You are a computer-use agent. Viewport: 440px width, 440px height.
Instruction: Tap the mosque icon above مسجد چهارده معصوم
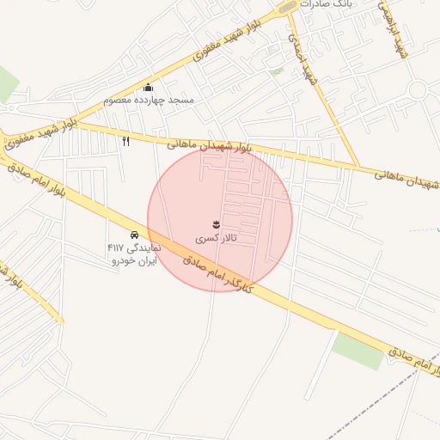tap(149, 87)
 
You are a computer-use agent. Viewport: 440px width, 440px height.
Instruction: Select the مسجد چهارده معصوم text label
tap(149, 100)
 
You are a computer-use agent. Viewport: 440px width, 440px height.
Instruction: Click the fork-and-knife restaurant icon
tap(126, 141)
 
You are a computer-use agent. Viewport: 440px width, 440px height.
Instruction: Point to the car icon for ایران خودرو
tap(134, 235)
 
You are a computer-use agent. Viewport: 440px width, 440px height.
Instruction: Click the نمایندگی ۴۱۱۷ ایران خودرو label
tap(134, 254)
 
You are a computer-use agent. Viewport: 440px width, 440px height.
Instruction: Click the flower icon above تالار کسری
tap(215, 224)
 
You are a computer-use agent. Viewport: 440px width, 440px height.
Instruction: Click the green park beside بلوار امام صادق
tap(357, 350)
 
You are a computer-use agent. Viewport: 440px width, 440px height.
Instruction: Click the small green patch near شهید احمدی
tap(276, 72)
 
